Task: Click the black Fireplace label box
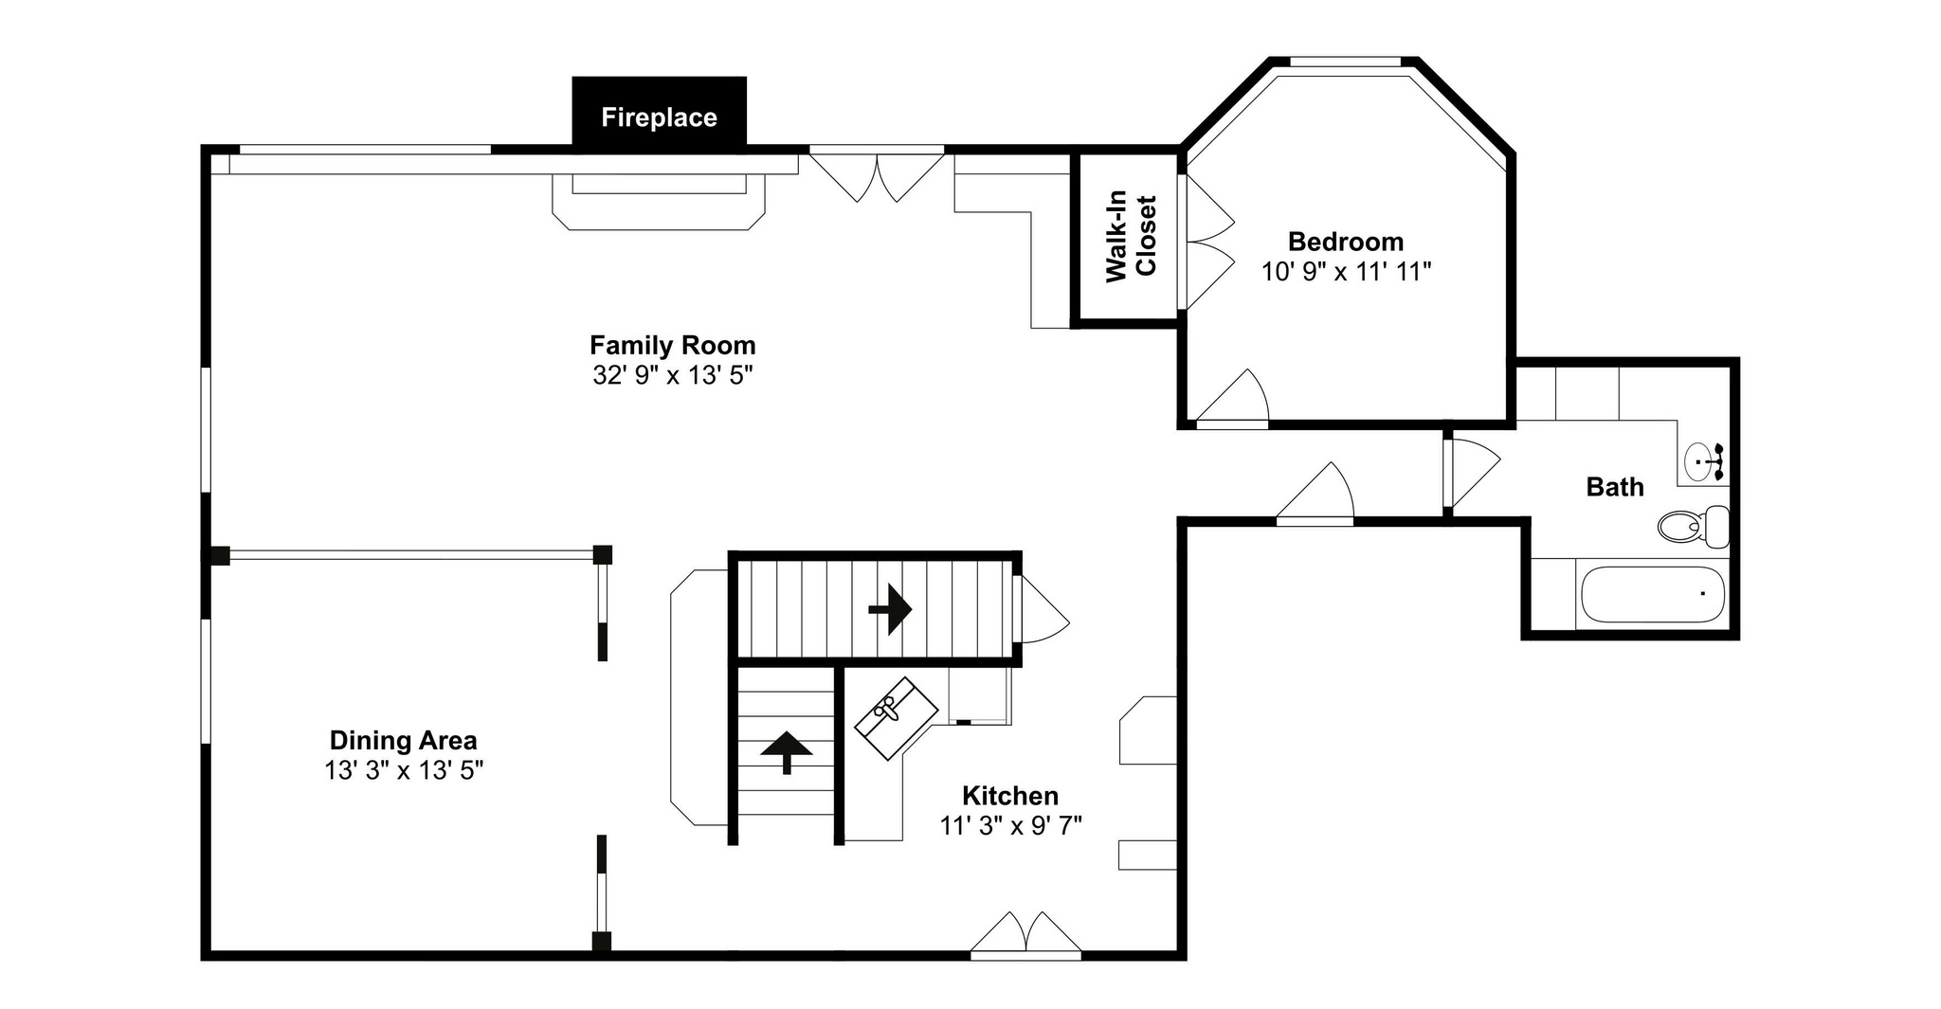659,113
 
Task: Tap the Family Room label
673,345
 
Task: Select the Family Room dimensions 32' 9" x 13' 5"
673,375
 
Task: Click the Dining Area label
404,740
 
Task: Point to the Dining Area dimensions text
404,770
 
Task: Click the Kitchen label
1010,795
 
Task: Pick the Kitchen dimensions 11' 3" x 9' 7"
1010,826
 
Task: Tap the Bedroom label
1346,241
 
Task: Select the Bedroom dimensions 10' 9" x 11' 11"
1346,271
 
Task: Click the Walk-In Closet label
1132,237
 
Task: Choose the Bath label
1615,487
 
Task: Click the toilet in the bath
1694,527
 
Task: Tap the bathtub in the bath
1652,594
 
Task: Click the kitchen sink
896,718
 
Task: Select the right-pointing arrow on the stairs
890,609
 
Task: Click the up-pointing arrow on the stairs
787,752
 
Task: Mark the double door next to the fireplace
877,176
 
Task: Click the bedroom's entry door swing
1232,398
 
